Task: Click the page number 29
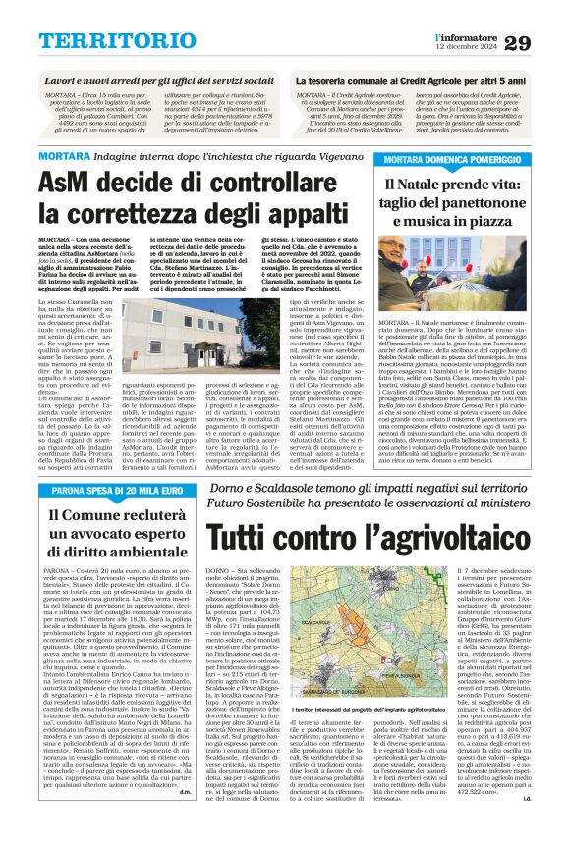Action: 544,42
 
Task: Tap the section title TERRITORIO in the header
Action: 105,40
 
